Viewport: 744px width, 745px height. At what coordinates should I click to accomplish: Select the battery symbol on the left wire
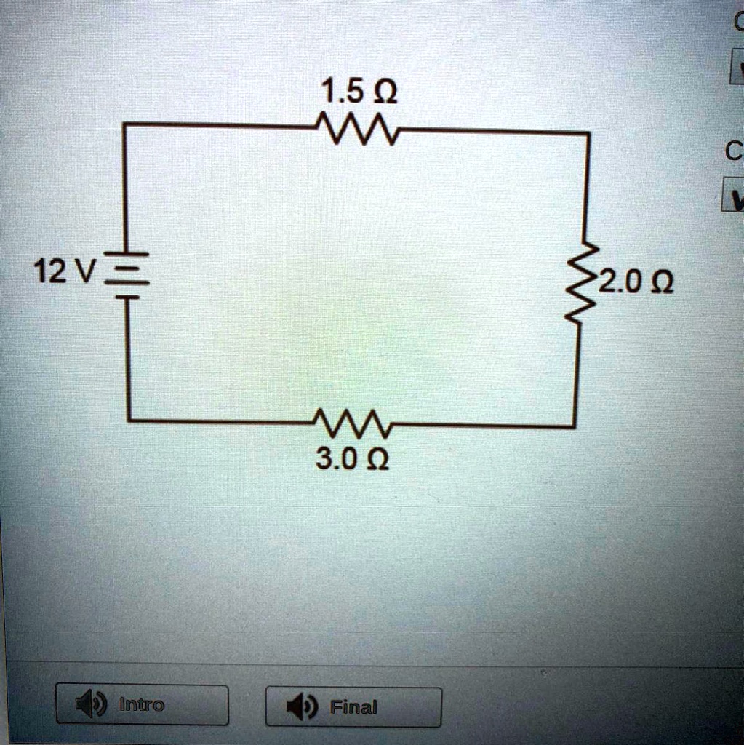(x=128, y=276)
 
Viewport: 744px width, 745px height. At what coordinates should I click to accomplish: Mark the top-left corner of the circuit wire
(x=125, y=125)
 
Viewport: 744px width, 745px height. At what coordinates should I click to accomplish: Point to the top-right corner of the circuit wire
(x=588, y=134)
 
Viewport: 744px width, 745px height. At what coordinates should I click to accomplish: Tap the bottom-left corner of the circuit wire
(x=129, y=420)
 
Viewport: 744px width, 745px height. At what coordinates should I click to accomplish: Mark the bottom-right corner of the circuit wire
(x=575, y=426)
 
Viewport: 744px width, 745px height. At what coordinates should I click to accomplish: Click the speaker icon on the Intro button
(x=87, y=704)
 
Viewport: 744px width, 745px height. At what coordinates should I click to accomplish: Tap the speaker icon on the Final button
(x=299, y=706)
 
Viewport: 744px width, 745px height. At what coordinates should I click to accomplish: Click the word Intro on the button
(x=142, y=704)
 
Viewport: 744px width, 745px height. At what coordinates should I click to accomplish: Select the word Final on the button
(x=353, y=706)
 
